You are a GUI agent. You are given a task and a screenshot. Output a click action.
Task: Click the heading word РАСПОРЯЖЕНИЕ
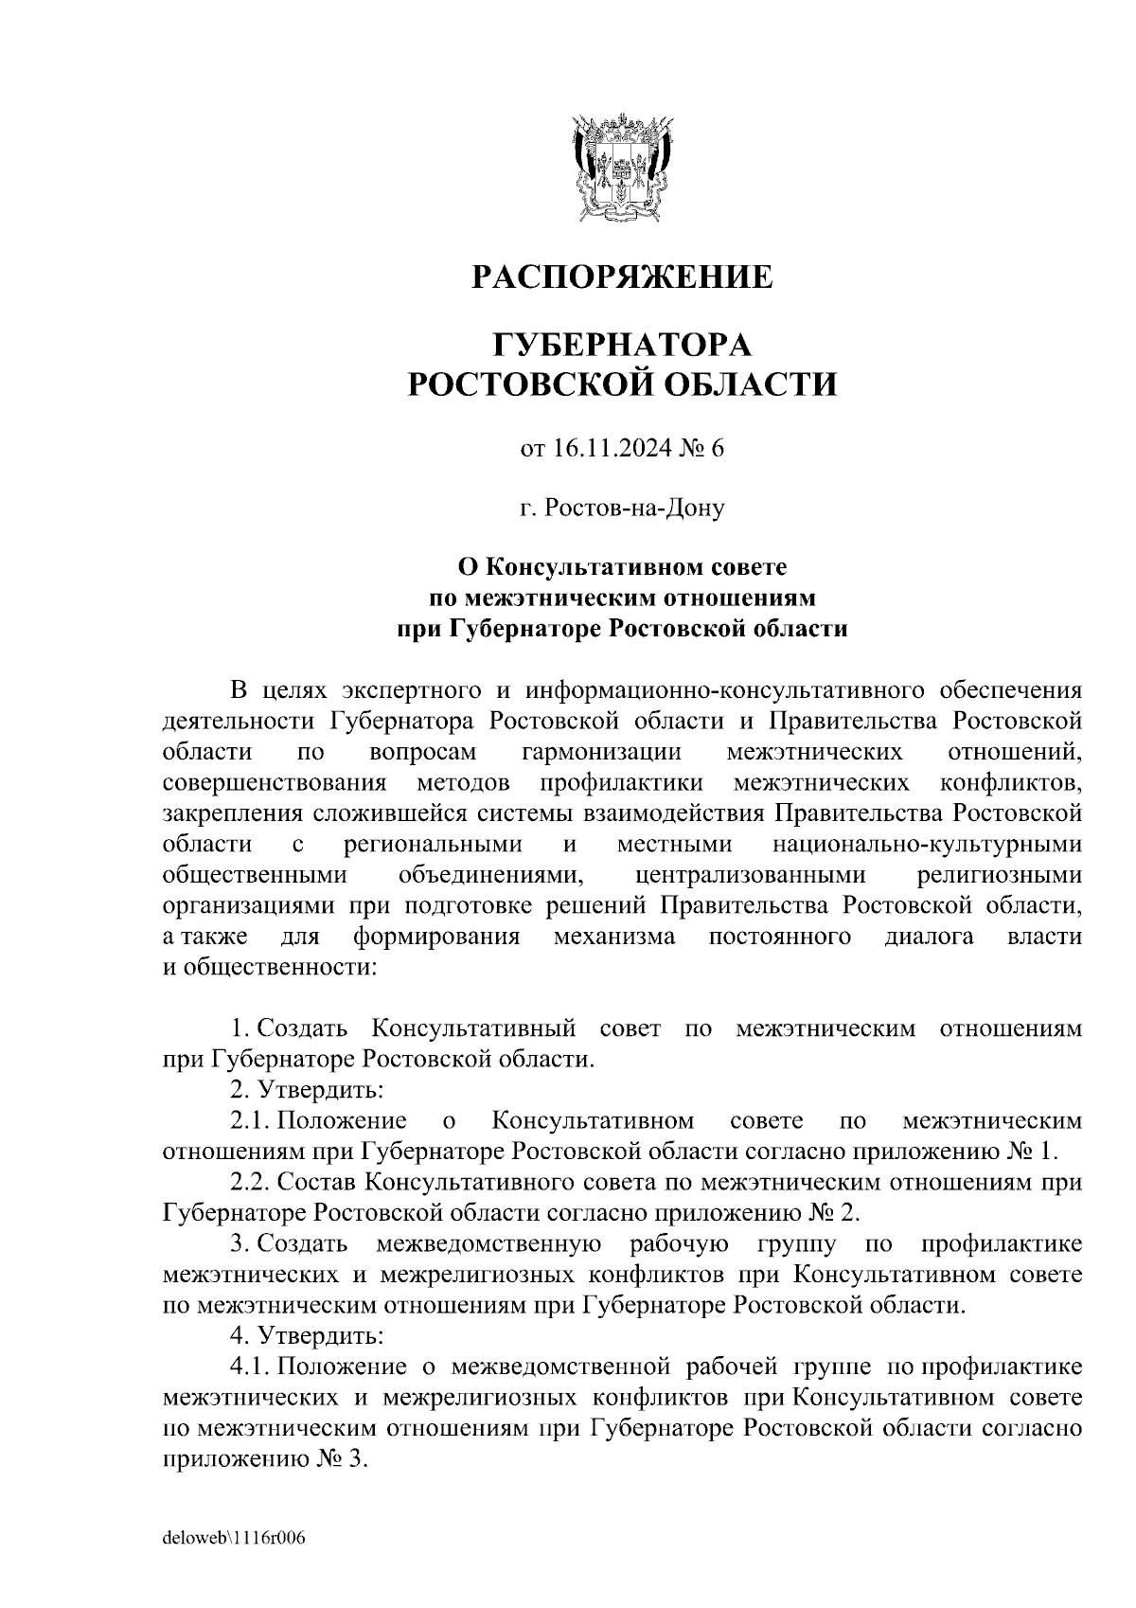tap(622, 277)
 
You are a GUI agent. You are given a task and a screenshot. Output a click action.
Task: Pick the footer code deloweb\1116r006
tap(234, 1539)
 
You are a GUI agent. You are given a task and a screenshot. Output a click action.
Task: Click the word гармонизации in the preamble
tap(601, 753)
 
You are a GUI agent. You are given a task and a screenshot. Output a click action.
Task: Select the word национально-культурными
tap(927, 844)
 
